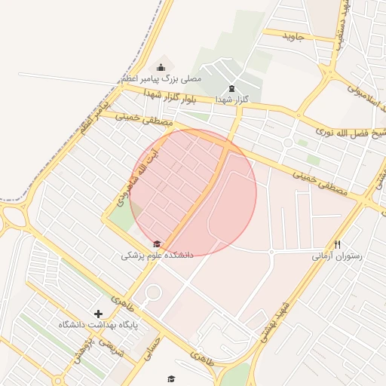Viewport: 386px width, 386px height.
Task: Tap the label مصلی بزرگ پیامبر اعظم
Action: point(161,78)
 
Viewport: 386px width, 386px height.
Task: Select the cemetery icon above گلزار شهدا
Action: point(231,88)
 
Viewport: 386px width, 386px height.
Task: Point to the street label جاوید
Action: point(293,35)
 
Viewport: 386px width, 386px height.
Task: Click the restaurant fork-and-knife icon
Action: point(337,244)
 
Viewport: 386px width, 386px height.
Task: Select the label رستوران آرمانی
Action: point(337,256)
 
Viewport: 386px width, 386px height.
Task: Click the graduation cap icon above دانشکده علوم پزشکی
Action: point(157,244)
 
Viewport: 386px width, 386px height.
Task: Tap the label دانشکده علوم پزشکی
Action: point(157,256)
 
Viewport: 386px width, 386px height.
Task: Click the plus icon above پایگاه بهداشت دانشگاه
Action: point(98,313)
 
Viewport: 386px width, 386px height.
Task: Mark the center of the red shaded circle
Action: point(193,192)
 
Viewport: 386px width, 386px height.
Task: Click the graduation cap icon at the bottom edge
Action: point(170,379)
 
